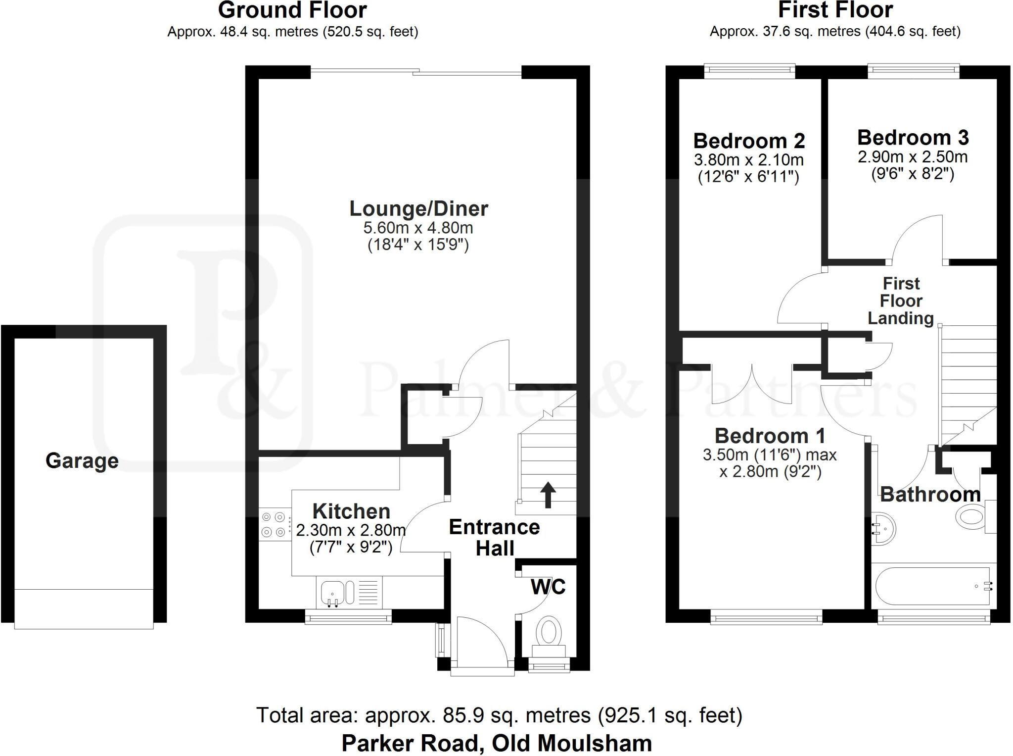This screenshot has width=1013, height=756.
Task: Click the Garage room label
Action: click(82, 461)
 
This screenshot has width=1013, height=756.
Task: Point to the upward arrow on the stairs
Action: click(548, 495)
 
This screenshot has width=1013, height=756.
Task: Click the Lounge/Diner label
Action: click(418, 209)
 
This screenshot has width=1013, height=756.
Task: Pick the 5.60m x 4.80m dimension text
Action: click(418, 228)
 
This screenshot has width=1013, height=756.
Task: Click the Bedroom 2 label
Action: click(749, 141)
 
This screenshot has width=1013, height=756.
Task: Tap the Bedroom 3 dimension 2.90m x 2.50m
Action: click(913, 157)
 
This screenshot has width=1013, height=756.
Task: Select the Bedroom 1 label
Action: click(770, 436)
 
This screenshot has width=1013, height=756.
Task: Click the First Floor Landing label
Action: click(901, 301)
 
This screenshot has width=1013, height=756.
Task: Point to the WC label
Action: click(548, 587)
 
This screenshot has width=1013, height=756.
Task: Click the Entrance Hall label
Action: click(495, 538)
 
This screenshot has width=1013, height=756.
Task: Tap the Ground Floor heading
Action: click(292, 10)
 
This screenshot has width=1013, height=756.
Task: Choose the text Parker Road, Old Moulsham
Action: click(497, 743)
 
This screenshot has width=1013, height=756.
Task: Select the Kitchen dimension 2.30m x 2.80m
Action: click(351, 530)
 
